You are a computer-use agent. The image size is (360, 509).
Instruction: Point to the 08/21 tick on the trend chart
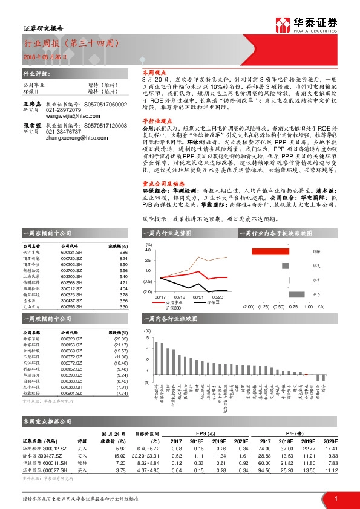pos(198,297)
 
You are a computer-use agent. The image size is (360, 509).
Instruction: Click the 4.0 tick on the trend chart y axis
pos(148,250)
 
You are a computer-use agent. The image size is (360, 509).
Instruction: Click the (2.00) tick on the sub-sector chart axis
pos(248,307)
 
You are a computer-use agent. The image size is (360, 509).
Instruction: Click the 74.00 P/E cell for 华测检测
pos(263,449)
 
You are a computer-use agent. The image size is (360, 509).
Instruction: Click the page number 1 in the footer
pos(336,498)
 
